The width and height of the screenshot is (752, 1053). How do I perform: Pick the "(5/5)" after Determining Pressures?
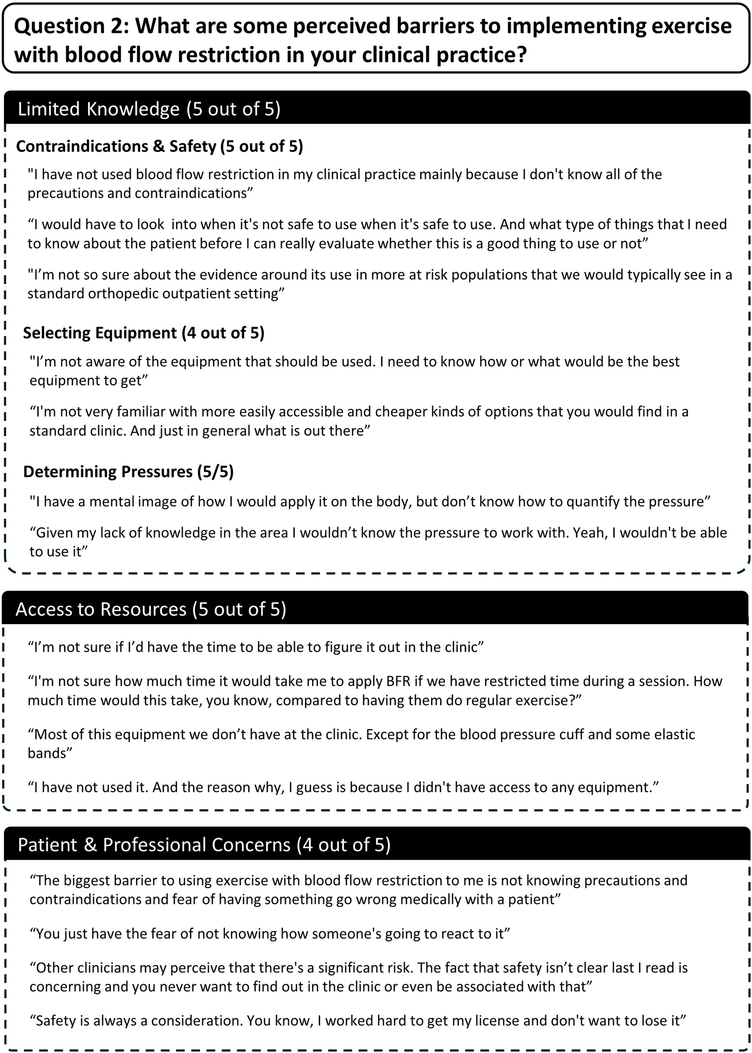[x=215, y=471]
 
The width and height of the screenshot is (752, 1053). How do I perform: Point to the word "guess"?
[x=316, y=787]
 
